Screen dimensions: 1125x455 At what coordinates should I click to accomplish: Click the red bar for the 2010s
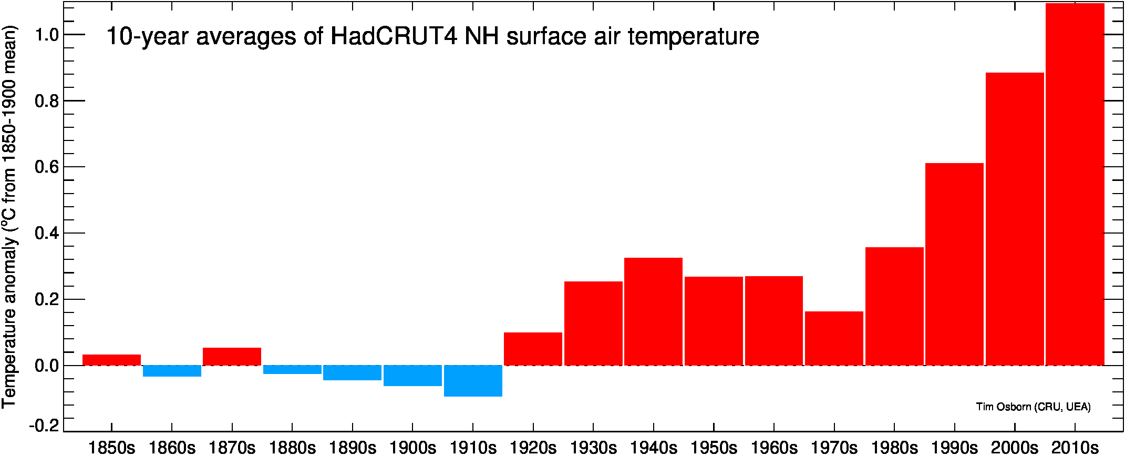[x=1075, y=184]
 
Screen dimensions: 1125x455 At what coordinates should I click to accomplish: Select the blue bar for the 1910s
[x=473, y=381]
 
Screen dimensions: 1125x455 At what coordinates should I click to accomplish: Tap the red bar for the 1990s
[x=955, y=264]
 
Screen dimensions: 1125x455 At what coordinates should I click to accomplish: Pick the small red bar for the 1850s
[x=111, y=360]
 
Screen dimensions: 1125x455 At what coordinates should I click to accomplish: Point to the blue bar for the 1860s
[x=172, y=371]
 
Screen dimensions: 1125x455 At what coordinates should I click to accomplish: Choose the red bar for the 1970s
[x=834, y=338]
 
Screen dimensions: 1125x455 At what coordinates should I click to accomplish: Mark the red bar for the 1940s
[x=654, y=311]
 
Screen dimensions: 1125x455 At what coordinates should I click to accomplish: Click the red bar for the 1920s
[x=533, y=349]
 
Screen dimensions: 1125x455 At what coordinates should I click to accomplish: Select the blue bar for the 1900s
[x=413, y=376]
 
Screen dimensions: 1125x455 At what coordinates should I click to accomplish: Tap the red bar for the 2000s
[x=1015, y=219]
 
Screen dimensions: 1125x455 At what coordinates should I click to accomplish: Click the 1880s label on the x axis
[x=292, y=448]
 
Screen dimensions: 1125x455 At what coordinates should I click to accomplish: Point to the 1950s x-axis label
[x=714, y=448]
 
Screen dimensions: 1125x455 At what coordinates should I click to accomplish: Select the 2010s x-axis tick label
[x=1075, y=448]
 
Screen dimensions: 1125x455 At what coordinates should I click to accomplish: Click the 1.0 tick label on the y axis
[x=46, y=35]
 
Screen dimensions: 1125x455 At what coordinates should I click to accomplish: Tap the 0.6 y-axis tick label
[x=46, y=167]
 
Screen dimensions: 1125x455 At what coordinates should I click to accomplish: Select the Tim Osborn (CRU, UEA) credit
[x=1034, y=407]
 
